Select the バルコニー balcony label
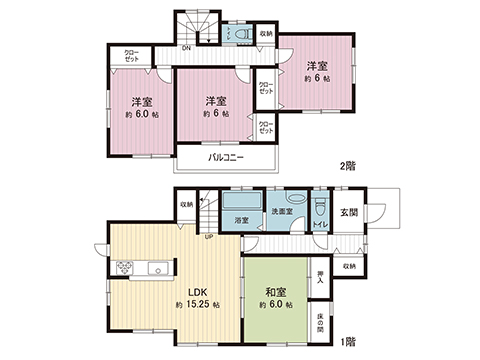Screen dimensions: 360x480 (x=227, y=158)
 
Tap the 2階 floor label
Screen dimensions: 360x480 (x=349, y=167)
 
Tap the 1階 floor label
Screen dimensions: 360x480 (x=349, y=342)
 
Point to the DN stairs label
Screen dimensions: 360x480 (x=186, y=48)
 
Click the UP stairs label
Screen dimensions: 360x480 (x=209, y=237)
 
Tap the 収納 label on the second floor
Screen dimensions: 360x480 (x=264, y=34)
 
